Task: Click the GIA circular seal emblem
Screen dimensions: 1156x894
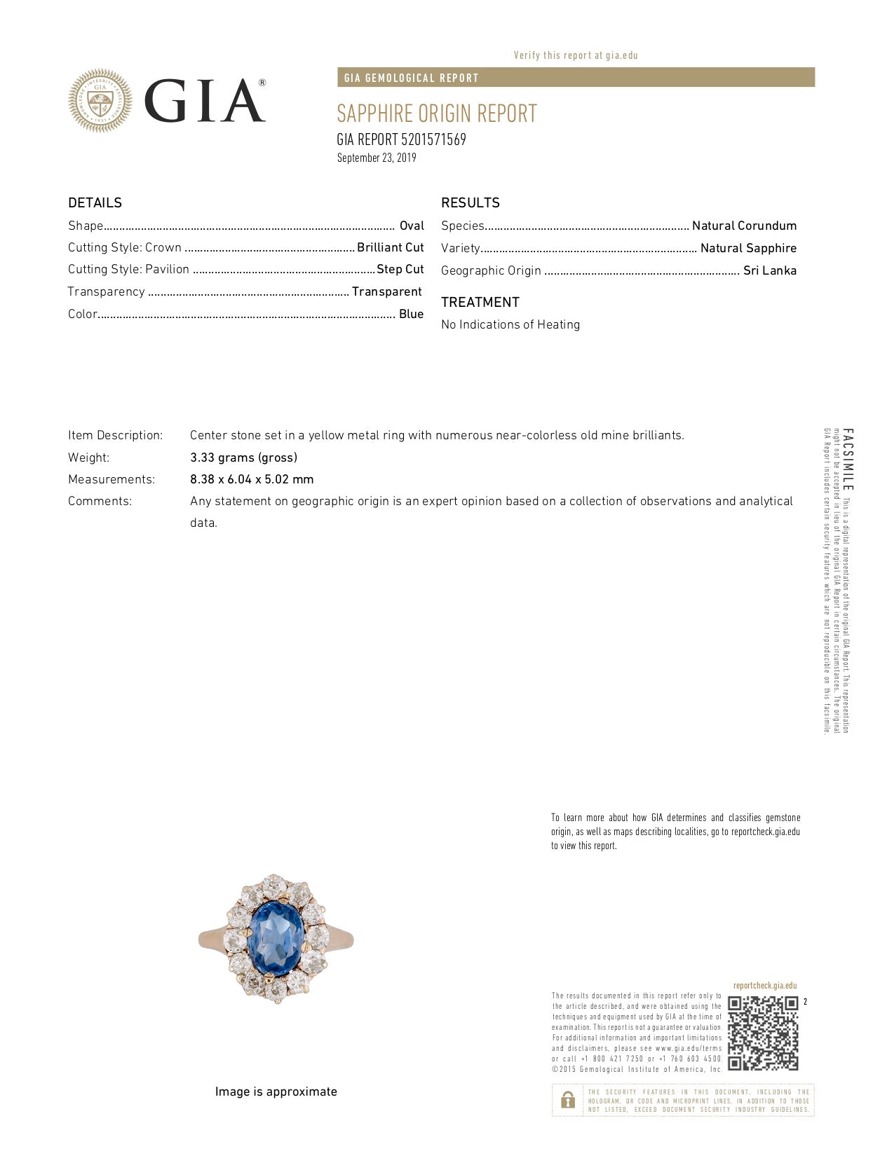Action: [100, 101]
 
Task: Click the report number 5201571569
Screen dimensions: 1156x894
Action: [433, 139]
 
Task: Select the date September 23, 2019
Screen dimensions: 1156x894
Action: [377, 158]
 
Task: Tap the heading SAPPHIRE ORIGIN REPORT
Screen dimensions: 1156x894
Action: [436, 113]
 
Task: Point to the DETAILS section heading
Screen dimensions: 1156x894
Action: [95, 203]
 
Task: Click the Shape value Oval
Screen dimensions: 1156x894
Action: [412, 226]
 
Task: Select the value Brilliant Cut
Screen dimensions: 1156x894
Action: [390, 247]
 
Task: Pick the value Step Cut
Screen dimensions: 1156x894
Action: [400, 269]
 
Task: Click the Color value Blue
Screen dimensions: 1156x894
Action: [411, 314]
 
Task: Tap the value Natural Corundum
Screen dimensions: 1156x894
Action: [744, 226]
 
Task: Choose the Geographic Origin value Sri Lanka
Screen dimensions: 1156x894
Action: [769, 270]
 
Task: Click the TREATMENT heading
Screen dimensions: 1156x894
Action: [480, 303]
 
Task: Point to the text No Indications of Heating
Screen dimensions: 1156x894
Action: [510, 324]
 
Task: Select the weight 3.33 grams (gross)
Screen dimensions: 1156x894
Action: [243, 457]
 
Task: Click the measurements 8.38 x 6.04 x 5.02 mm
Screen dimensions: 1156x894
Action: [252, 479]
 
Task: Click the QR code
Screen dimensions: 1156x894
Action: [763, 1033]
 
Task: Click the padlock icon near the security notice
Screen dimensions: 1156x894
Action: [568, 1100]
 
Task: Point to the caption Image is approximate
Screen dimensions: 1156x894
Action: [276, 1092]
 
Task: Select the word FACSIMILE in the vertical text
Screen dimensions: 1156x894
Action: [848, 460]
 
